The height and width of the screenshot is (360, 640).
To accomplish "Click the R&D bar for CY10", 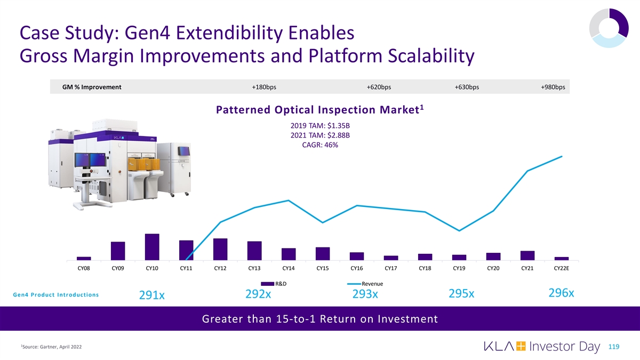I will [x=152, y=247].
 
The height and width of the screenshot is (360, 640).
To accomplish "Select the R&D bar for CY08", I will [x=84, y=259].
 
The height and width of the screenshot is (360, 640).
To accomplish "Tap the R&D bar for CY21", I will [x=527, y=255].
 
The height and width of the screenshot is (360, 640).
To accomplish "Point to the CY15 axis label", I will [x=323, y=268].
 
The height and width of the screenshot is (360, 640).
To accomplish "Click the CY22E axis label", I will [x=562, y=268].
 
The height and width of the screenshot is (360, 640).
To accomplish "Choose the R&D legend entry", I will [x=279, y=283].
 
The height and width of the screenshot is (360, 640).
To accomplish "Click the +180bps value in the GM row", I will [x=264, y=87].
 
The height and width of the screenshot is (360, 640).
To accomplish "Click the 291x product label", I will [x=152, y=295].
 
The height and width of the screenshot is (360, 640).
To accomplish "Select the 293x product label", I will [x=365, y=294].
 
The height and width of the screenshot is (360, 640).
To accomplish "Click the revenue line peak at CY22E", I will [x=562, y=156].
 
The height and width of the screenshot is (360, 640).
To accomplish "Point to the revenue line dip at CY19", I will [x=459, y=231].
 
